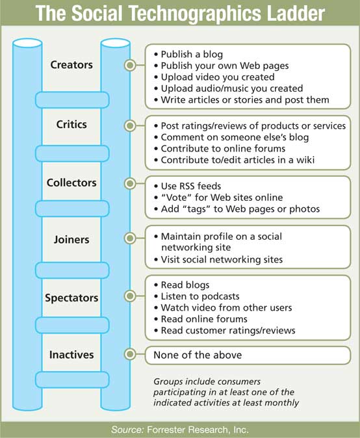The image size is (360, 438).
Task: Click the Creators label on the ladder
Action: pos(71,65)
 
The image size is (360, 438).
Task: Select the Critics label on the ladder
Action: pos(71,124)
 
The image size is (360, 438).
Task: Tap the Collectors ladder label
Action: pos(71,183)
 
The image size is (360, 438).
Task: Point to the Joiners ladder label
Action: pos(71,240)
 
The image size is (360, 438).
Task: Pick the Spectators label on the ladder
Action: pos(71,298)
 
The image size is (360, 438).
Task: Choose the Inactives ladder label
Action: pos(71,355)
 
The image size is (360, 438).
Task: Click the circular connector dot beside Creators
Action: pos(130,66)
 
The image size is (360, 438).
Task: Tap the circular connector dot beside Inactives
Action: pos(130,354)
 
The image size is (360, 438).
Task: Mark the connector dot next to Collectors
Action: pos(130,183)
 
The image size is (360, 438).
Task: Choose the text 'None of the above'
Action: pos(198,355)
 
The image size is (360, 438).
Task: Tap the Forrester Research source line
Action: pos(180,430)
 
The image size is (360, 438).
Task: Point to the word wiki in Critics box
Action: pos(305,160)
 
